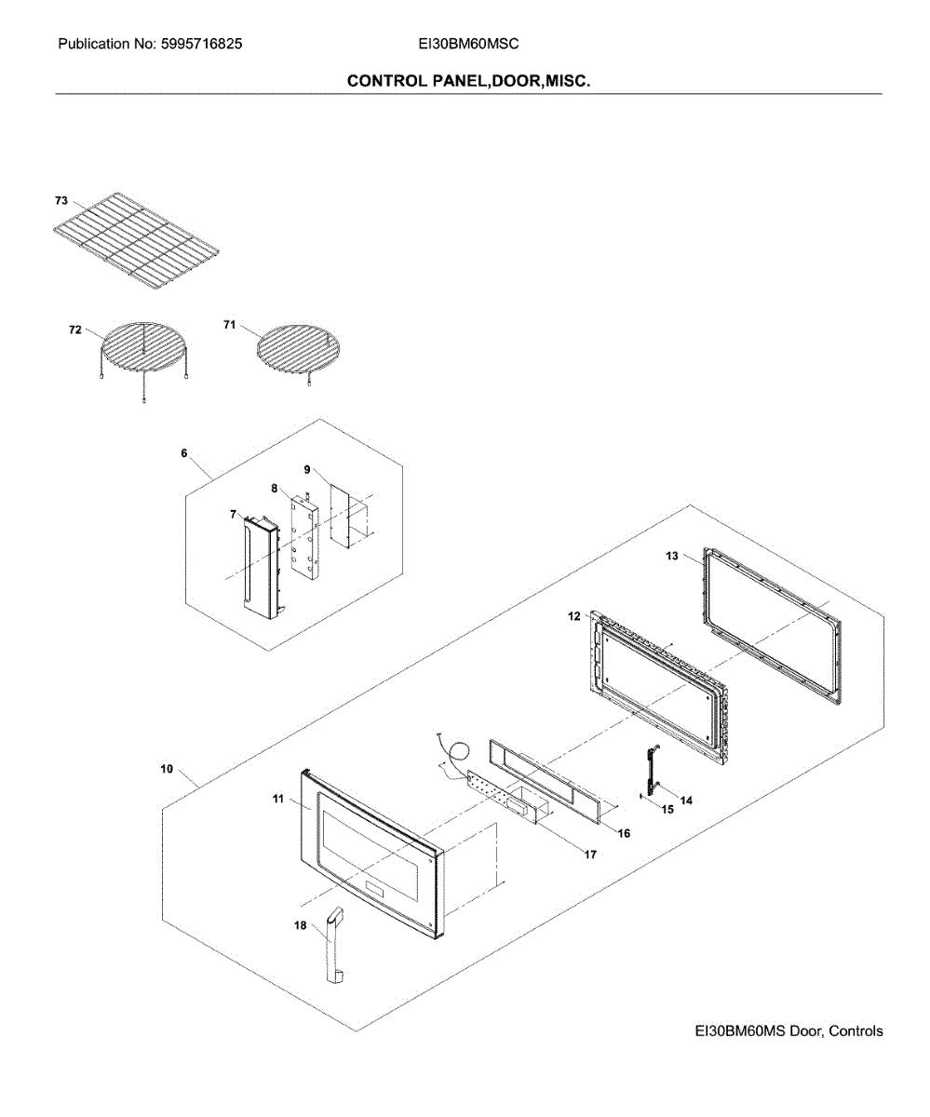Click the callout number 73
point(61,200)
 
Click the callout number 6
point(184,453)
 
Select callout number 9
point(307,470)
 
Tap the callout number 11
point(277,799)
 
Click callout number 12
point(574,616)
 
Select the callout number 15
point(667,809)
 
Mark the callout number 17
point(590,854)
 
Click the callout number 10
point(167,770)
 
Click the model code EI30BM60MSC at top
point(468,44)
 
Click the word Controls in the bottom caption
point(855,1031)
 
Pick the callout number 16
point(624,833)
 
